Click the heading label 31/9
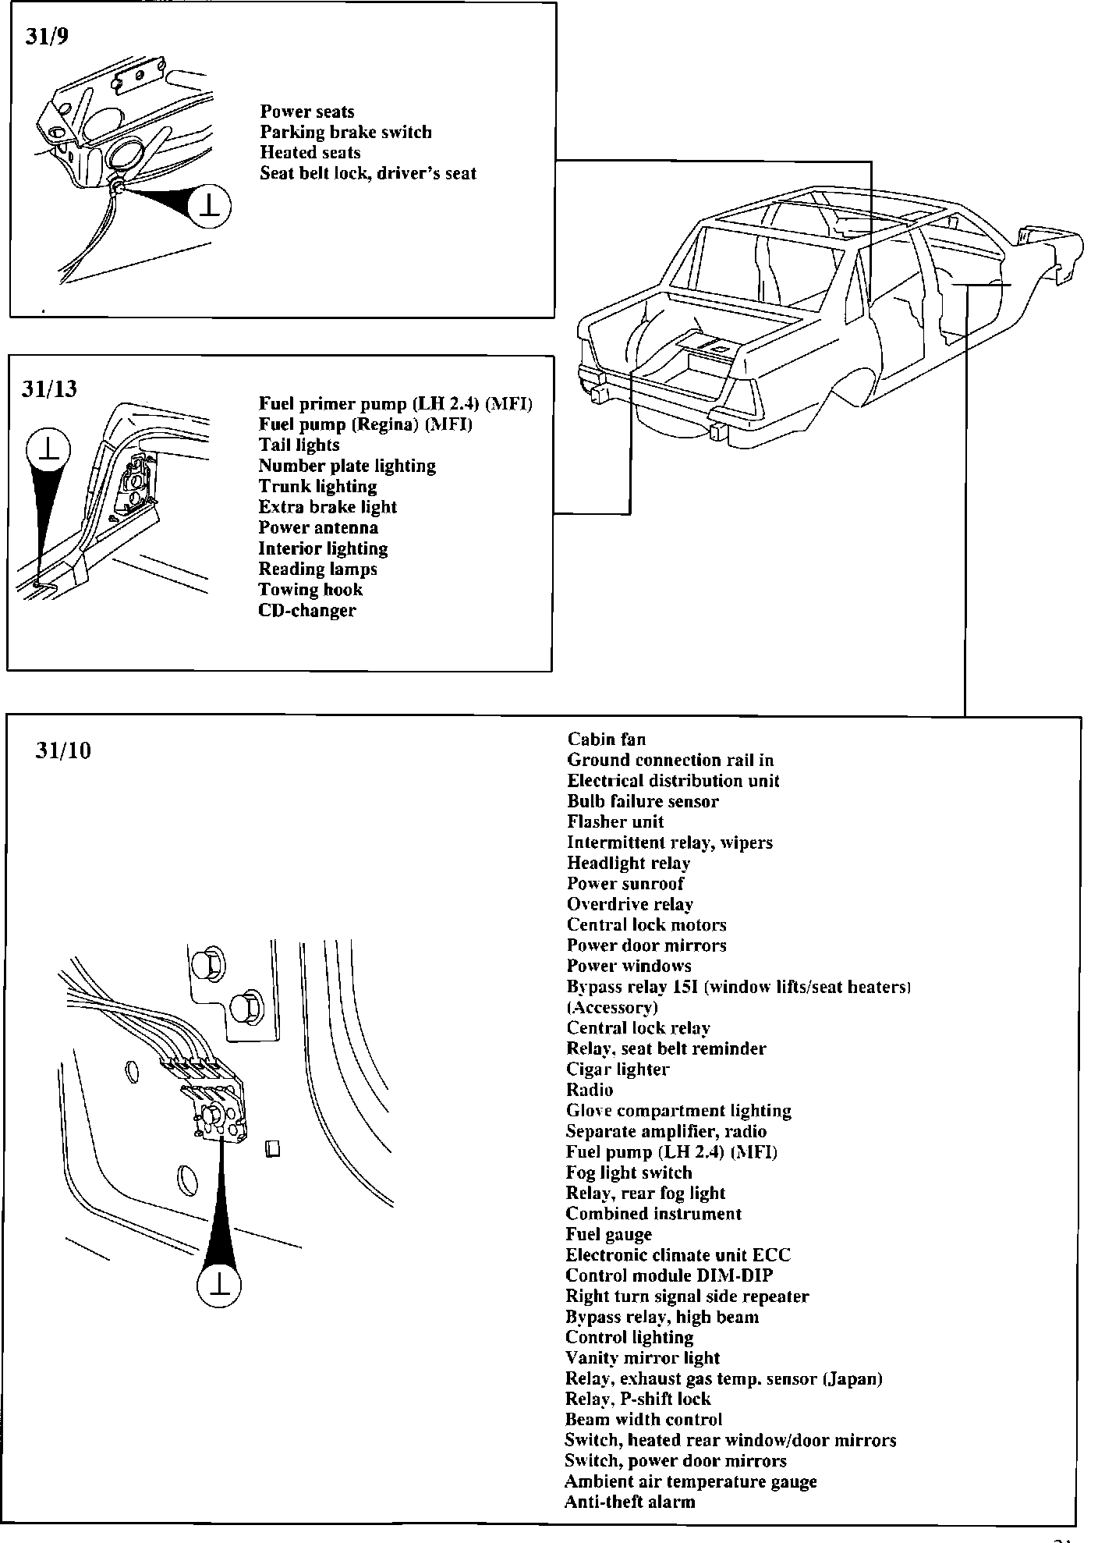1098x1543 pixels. (47, 37)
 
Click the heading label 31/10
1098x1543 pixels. (63, 750)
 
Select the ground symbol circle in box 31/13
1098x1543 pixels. (48, 450)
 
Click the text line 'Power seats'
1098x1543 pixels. (307, 112)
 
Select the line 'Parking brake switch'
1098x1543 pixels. (345, 132)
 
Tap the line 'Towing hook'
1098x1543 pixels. (310, 590)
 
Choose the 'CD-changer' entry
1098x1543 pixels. (306, 610)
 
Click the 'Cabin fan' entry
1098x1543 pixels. (606, 739)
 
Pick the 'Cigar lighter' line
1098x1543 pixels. (618, 1069)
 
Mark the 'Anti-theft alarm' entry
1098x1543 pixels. (629, 1502)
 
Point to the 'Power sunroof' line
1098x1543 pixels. (625, 884)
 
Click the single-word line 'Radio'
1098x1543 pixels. (590, 1090)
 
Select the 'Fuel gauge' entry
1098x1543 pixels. (608, 1234)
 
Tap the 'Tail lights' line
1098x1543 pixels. (299, 445)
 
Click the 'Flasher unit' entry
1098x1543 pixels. (615, 821)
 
